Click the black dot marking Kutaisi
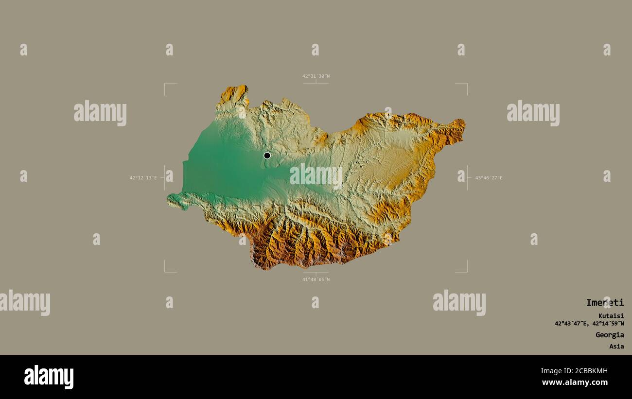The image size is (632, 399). pyautogui.click(x=267, y=156)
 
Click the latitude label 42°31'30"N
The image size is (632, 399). pyautogui.click(x=316, y=76)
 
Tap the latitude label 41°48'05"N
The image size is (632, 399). pyautogui.click(x=316, y=279)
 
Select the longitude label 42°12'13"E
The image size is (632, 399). pyautogui.click(x=143, y=178)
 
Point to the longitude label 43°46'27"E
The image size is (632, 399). pyautogui.click(x=489, y=178)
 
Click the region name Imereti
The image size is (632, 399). pyautogui.click(x=604, y=303)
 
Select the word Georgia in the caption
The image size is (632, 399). pyautogui.click(x=610, y=335)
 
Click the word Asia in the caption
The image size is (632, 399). pyautogui.click(x=616, y=347)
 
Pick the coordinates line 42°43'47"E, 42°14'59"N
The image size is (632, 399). pyautogui.click(x=589, y=324)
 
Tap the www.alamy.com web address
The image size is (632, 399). pyautogui.click(x=574, y=382)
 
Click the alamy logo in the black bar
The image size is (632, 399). pyautogui.click(x=49, y=377)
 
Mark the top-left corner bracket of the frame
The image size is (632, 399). pyautogui.click(x=165, y=84)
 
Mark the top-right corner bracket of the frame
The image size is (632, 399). pyautogui.click(x=466, y=84)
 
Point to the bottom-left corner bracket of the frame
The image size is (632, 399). pyautogui.click(x=165, y=271)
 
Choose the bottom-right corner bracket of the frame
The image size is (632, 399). pyautogui.click(x=466, y=271)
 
